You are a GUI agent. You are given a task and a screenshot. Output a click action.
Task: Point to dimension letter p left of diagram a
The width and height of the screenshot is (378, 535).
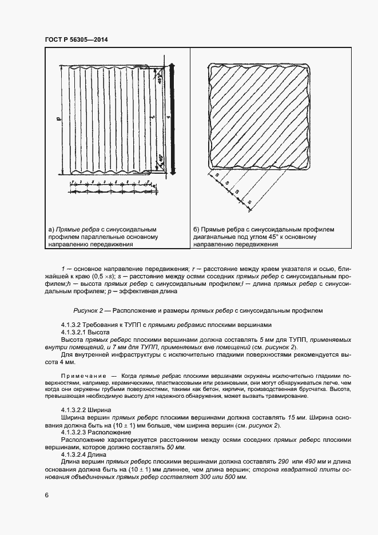click(x=58, y=119)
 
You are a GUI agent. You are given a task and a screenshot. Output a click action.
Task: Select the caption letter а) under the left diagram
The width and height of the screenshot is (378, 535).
click(x=51, y=230)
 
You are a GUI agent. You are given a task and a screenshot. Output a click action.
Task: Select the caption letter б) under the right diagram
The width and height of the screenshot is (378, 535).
click(x=198, y=230)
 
